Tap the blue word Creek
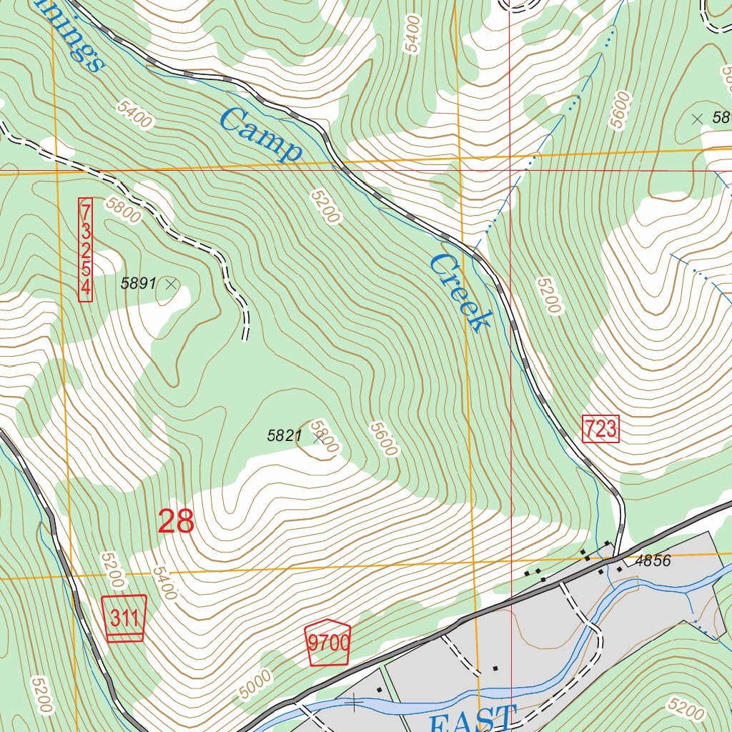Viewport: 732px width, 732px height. click(460, 293)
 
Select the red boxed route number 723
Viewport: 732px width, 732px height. click(600, 429)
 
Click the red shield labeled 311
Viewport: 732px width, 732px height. click(125, 617)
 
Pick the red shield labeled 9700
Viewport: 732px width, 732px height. click(328, 643)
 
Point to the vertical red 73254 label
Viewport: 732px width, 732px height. click(86, 250)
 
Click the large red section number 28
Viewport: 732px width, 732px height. click(176, 521)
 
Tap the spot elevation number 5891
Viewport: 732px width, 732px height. click(138, 283)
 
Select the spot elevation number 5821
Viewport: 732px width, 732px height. click(285, 435)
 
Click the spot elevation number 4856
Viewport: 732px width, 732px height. click(653, 561)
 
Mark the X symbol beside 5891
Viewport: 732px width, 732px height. click(171, 284)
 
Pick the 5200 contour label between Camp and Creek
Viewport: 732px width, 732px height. click(325, 205)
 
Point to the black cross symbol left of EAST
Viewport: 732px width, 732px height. click(354, 703)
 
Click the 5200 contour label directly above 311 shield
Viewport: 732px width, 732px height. click(112, 568)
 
